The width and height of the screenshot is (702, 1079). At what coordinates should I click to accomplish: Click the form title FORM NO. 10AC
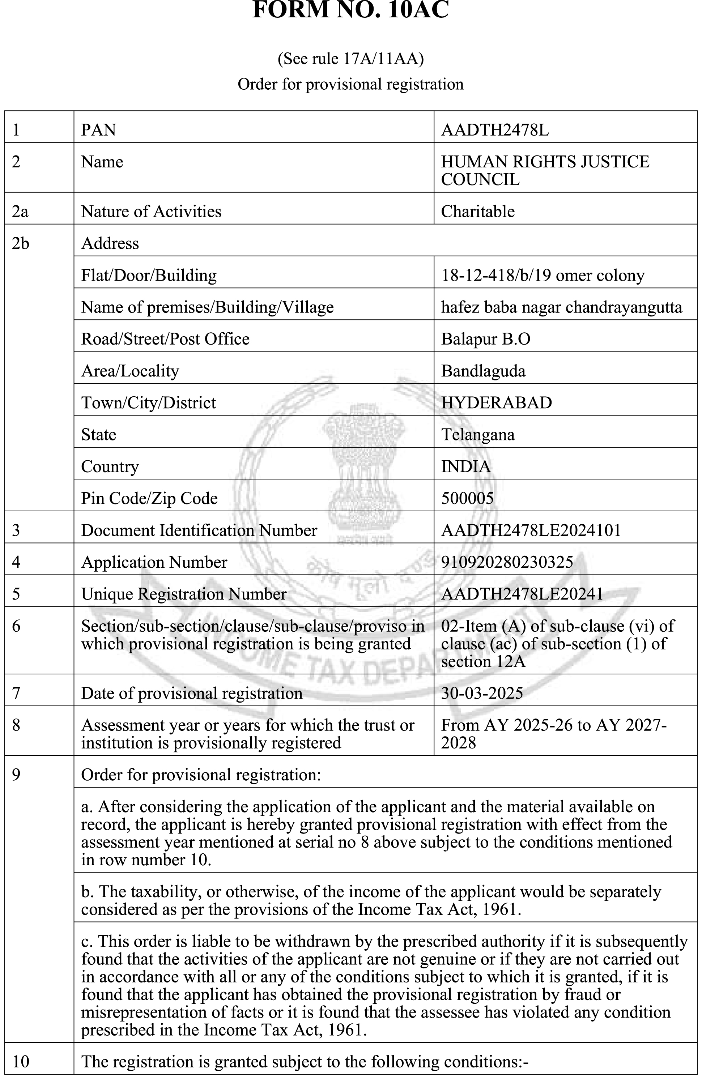coord(350,10)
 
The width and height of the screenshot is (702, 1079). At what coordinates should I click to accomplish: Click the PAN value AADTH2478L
coord(495,130)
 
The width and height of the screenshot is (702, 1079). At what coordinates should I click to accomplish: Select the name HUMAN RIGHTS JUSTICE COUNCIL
coord(545,170)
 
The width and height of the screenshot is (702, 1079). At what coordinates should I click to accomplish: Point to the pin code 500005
coord(467,498)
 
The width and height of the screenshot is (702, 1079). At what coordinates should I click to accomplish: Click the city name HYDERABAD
coord(496,402)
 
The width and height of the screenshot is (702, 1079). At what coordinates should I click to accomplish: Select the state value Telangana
coord(477,435)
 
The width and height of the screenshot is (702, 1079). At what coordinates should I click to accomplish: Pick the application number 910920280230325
coord(507,562)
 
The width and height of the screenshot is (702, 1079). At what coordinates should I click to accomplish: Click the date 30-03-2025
coord(482,693)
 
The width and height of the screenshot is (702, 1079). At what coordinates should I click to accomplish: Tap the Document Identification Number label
coord(199,530)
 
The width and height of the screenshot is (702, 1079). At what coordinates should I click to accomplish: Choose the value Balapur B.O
coord(485,339)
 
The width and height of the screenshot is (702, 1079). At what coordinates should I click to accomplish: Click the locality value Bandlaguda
coord(483,371)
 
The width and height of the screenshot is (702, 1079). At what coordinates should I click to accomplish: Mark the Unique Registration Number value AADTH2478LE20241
coord(522,594)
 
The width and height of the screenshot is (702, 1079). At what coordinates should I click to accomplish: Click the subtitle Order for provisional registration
coord(350,84)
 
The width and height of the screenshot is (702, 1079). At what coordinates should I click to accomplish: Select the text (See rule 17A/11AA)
coord(350,59)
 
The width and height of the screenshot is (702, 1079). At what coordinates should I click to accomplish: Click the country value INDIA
coord(466,466)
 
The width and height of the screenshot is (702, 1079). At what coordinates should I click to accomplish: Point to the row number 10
coord(21,1062)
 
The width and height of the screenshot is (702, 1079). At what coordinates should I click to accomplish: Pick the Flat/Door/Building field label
coord(149,276)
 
